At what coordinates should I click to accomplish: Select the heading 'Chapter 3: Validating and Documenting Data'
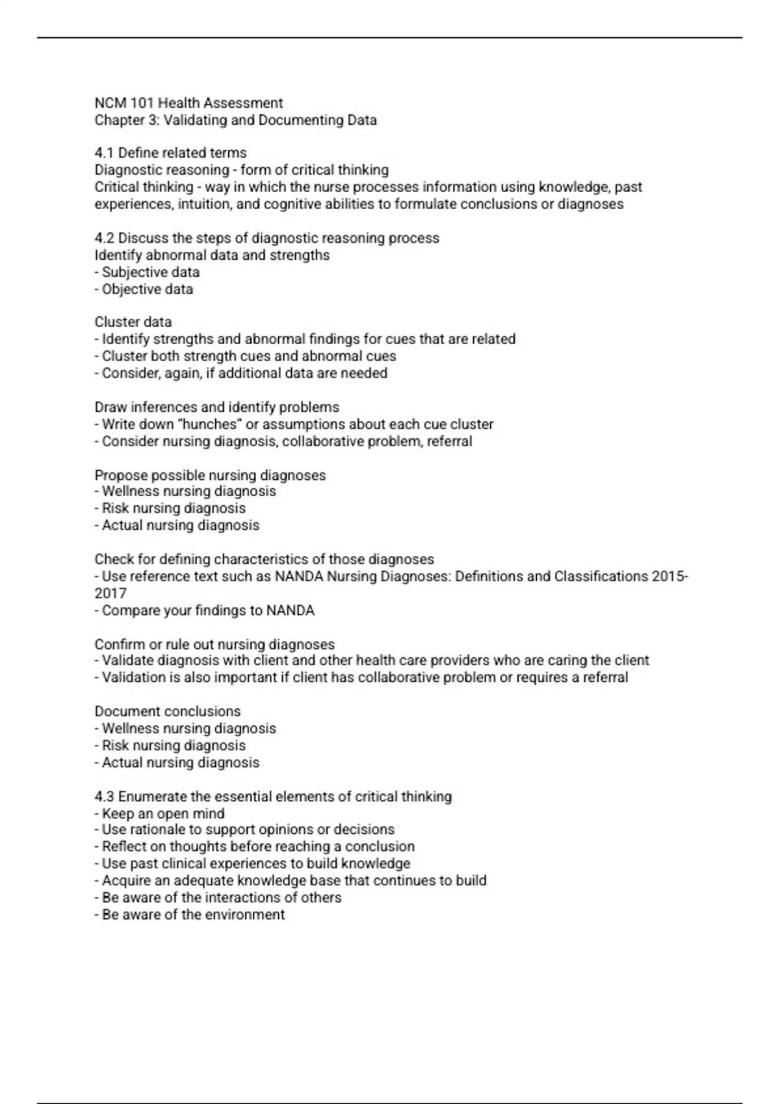(x=235, y=120)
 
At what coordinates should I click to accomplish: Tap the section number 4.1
(x=104, y=153)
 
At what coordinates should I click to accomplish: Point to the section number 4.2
(x=104, y=238)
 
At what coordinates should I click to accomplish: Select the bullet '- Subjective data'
(x=147, y=273)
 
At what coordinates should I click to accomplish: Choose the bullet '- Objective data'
(x=144, y=290)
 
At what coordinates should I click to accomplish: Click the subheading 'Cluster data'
(x=133, y=322)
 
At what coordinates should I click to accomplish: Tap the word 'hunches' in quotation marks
(x=209, y=425)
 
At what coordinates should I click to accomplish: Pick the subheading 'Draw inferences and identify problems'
(x=216, y=407)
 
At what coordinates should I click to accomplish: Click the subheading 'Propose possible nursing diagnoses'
(x=210, y=475)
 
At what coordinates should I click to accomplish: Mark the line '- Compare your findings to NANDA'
(x=204, y=611)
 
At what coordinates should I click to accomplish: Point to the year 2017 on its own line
(x=110, y=594)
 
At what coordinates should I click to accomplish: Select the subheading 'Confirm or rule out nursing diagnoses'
(x=214, y=645)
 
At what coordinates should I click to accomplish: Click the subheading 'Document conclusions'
(x=167, y=712)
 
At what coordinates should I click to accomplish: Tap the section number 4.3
(x=104, y=797)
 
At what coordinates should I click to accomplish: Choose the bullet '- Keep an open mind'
(x=159, y=814)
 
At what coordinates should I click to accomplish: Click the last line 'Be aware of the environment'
(x=193, y=915)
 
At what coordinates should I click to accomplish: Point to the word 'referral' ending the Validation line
(x=604, y=678)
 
